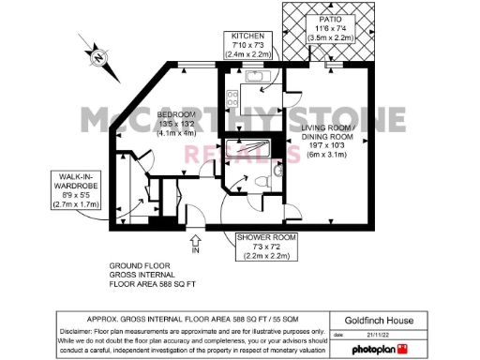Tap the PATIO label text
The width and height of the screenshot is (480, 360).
pyautogui.click(x=327, y=16)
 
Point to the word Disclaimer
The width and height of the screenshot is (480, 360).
pyautogui.click(x=81, y=330)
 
